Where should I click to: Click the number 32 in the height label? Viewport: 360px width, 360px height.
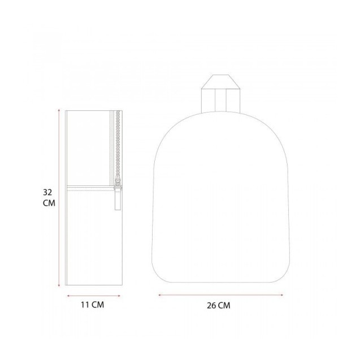47,192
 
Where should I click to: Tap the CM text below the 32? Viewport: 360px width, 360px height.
49,203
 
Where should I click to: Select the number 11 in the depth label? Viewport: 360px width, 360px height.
85,305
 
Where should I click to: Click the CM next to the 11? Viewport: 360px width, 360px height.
98,305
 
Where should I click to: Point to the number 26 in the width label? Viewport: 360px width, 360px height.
211,306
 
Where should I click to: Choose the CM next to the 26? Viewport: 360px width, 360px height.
224,306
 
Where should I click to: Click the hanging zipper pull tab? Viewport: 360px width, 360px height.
118,198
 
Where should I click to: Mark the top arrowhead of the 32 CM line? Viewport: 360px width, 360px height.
59,110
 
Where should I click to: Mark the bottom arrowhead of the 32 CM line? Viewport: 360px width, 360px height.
59,285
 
